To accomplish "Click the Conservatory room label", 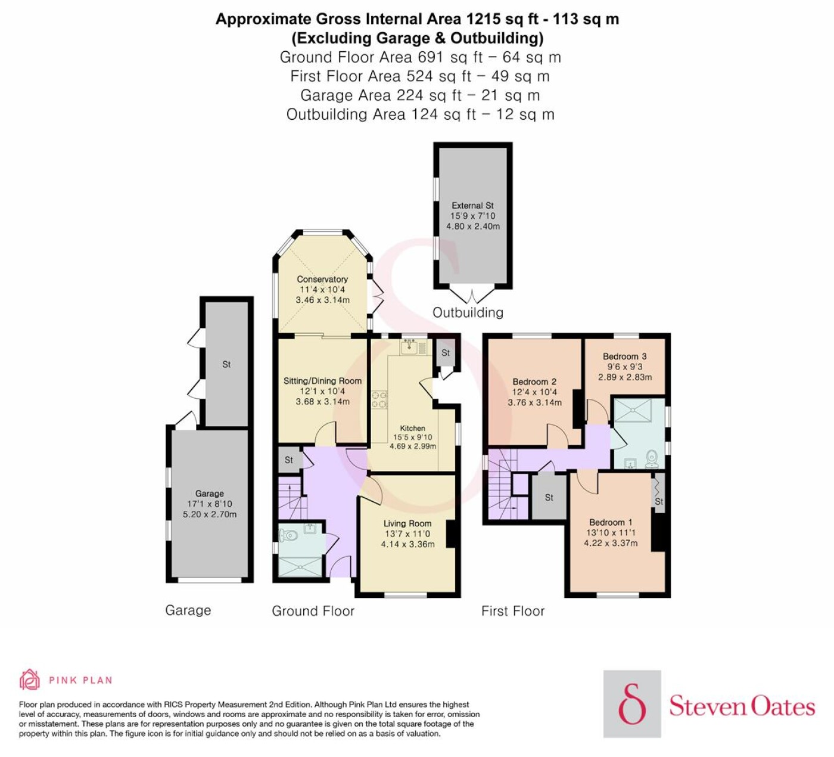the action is pyautogui.click(x=322, y=279).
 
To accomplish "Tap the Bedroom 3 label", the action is pyautogui.click(x=624, y=356).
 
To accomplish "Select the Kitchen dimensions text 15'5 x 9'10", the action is pyautogui.click(x=412, y=437).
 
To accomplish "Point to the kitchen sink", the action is pyautogui.click(x=413, y=347).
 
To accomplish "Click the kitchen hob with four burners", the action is pyautogui.click(x=379, y=399).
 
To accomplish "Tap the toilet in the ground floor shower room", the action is pyautogui.click(x=288, y=535).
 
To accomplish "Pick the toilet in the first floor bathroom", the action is pyautogui.click(x=651, y=458).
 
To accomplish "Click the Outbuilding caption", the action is pyautogui.click(x=468, y=312).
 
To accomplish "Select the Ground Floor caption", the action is pyautogui.click(x=313, y=611).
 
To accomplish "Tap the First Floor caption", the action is pyautogui.click(x=513, y=611).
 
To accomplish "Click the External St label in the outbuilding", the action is pyautogui.click(x=473, y=206).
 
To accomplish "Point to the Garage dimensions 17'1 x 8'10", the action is pyautogui.click(x=209, y=504).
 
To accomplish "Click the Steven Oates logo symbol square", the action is pyautogui.click(x=632, y=704).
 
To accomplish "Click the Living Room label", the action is pyautogui.click(x=407, y=523).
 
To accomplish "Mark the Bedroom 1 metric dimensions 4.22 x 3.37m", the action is pyautogui.click(x=611, y=543).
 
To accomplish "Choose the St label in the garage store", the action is pyautogui.click(x=226, y=365).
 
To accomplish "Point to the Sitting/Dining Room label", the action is pyautogui.click(x=322, y=381).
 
